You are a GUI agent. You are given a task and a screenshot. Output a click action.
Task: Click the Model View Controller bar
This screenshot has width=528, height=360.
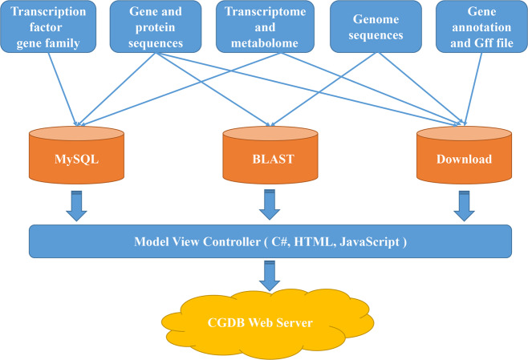(x=270, y=238)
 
